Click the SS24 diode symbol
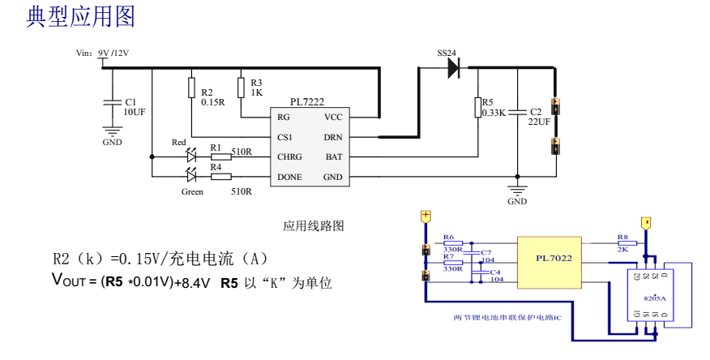(x=452, y=68)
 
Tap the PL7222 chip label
(x=307, y=102)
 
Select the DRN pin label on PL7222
(x=333, y=137)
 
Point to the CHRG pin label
(x=290, y=156)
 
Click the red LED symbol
(x=192, y=155)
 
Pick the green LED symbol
(x=192, y=175)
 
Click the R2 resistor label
(x=207, y=92)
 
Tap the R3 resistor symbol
(x=240, y=88)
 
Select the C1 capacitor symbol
(x=112, y=102)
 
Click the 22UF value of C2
(x=539, y=122)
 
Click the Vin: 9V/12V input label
(x=103, y=53)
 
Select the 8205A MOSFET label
(x=655, y=298)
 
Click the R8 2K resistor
(x=624, y=242)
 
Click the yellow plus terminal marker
(x=425, y=216)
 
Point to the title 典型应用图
(x=81, y=17)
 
